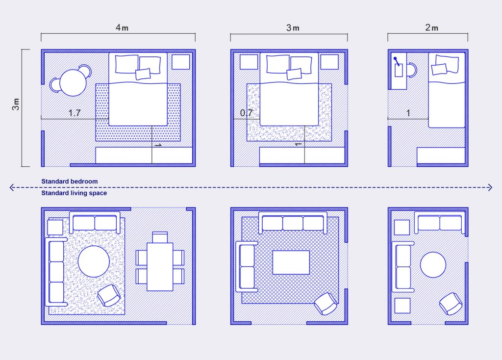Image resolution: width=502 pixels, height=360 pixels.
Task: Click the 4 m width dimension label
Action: point(122,27)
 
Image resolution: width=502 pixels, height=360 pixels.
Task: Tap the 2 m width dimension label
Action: point(431,27)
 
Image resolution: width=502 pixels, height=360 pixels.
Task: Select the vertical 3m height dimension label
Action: point(16,104)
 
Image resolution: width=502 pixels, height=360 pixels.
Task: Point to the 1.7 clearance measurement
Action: point(75,113)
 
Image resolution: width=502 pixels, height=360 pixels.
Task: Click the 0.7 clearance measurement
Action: point(247,113)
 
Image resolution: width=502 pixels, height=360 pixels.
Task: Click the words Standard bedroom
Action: point(70,181)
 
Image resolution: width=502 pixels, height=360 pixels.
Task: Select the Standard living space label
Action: point(74,193)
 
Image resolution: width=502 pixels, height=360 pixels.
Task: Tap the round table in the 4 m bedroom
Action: point(73,82)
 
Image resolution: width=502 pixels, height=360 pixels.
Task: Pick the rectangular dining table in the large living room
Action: point(160,267)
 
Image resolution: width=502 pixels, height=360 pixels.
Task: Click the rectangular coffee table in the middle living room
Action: point(291,262)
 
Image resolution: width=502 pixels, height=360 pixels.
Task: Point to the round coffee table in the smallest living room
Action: point(433,264)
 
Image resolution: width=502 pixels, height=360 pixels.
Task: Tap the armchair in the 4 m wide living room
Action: point(109,295)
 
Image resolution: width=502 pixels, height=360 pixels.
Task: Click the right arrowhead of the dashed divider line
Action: point(490,187)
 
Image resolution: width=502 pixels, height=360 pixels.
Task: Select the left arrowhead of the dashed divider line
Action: point(12,187)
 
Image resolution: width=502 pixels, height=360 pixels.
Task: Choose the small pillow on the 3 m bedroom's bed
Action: point(294,74)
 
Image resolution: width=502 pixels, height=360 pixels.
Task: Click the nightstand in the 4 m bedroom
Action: point(180,62)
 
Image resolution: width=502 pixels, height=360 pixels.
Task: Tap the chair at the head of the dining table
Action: point(160,237)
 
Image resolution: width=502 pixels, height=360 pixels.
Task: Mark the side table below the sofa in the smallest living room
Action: point(402,306)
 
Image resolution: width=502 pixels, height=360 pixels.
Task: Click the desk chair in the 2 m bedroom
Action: point(412,70)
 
